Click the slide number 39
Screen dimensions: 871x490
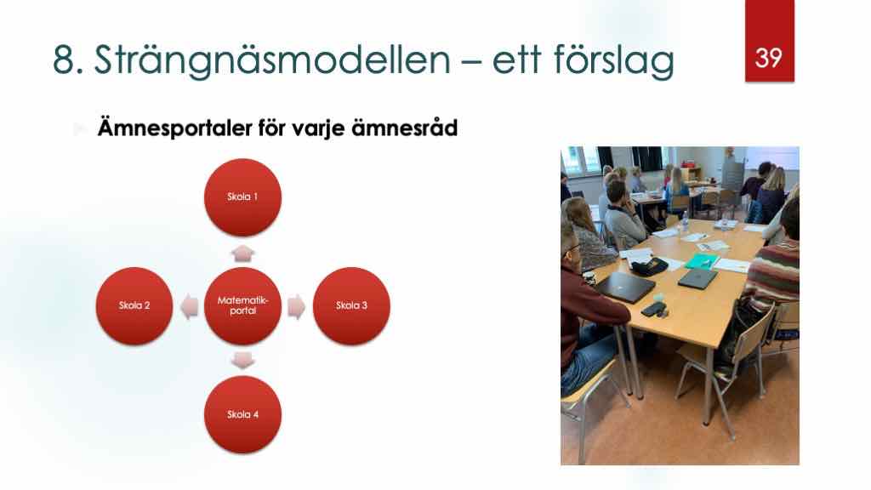[x=769, y=58]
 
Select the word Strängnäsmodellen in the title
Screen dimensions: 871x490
[x=272, y=60]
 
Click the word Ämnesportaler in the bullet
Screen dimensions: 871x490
[x=175, y=128]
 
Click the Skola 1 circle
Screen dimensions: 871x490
[x=242, y=197]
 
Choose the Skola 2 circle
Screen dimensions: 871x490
[x=134, y=306]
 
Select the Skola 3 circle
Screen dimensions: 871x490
[x=351, y=306]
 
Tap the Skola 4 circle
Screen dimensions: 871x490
[x=242, y=414]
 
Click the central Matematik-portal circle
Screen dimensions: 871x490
[x=242, y=306]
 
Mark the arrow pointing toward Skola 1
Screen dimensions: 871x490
[x=242, y=254]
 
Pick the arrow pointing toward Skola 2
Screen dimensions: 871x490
[x=190, y=306]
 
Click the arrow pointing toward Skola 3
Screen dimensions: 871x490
[x=297, y=306]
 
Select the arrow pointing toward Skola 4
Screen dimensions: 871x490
[x=242, y=360]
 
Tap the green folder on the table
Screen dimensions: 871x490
[x=702, y=261]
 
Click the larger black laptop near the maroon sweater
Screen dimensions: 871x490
[x=624, y=286]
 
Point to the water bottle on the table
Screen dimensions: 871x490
[x=685, y=223]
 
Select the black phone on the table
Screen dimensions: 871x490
[x=653, y=310]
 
